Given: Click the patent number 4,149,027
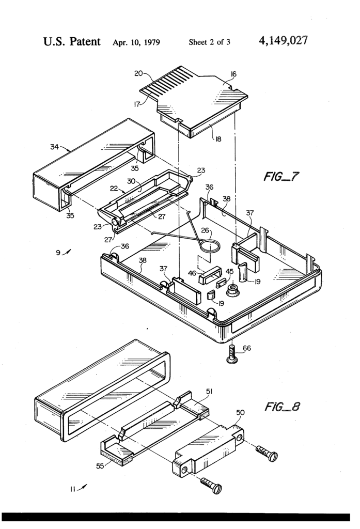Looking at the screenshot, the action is [x=283, y=41].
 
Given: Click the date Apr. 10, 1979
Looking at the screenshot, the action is [x=136, y=42].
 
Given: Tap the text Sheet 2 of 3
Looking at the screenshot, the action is [x=210, y=42].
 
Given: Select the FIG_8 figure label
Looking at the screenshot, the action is [x=282, y=407].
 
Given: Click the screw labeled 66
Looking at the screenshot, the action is [x=232, y=355].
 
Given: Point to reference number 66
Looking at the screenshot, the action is [x=247, y=348].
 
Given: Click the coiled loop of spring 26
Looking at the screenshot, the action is [x=210, y=246].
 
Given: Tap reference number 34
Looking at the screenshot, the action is [x=54, y=147].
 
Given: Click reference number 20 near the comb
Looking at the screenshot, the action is [x=138, y=73].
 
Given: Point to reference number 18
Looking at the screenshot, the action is [x=218, y=138].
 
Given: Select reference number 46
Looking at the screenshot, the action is [x=192, y=273].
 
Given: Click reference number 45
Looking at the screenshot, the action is [x=229, y=272].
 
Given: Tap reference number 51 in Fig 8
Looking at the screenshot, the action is [x=210, y=391].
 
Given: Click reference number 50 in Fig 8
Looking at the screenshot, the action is [x=240, y=412].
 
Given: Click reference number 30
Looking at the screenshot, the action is [x=131, y=181].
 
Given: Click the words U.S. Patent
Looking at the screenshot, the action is [x=72, y=41].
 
